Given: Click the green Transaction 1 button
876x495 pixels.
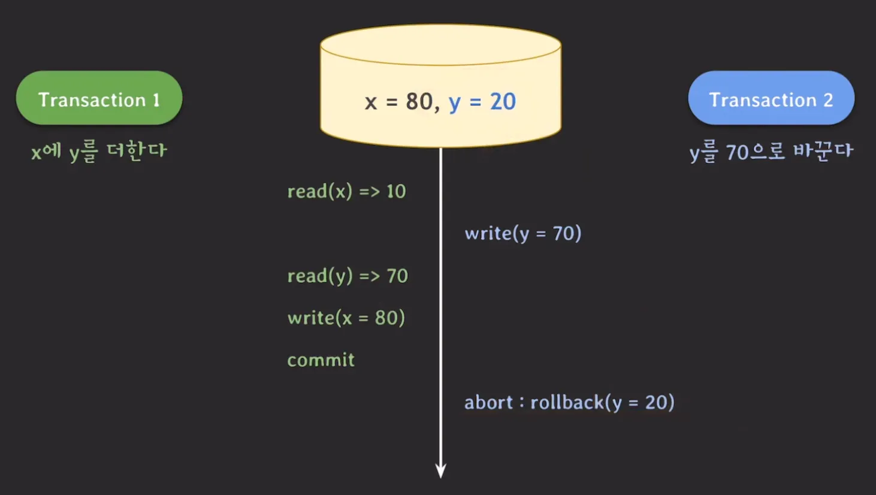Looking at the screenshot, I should click(x=99, y=98).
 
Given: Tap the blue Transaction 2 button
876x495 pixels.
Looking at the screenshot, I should click(x=771, y=98).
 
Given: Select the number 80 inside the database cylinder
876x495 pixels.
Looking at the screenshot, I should click(x=419, y=101).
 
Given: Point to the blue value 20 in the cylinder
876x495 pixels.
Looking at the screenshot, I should click(x=503, y=101).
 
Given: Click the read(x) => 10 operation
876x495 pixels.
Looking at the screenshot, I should click(x=346, y=191).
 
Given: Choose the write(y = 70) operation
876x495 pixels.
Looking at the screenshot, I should click(x=522, y=233).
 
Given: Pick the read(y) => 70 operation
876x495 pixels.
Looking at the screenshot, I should click(x=348, y=276).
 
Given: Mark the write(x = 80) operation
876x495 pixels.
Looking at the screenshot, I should click(x=346, y=318).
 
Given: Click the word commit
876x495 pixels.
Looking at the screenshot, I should click(x=321, y=360).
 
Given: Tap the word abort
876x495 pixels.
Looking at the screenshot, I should click(x=488, y=402).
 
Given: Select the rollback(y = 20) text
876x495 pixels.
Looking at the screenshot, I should click(x=602, y=402).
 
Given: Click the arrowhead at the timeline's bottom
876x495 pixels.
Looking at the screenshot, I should click(x=440, y=470).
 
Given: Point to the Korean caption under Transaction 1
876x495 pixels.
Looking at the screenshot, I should click(x=99, y=151).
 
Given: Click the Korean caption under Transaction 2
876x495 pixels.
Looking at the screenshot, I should click(x=771, y=152).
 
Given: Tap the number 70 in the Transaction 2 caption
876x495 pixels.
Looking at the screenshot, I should click(x=738, y=153).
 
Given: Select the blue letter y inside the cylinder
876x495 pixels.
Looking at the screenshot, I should click(x=455, y=102).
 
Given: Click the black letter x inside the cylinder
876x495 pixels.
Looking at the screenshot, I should click(x=371, y=102).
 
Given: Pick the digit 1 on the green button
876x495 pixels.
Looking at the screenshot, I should click(x=156, y=99).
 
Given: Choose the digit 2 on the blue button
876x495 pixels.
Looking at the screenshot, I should click(x=828, y=99).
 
